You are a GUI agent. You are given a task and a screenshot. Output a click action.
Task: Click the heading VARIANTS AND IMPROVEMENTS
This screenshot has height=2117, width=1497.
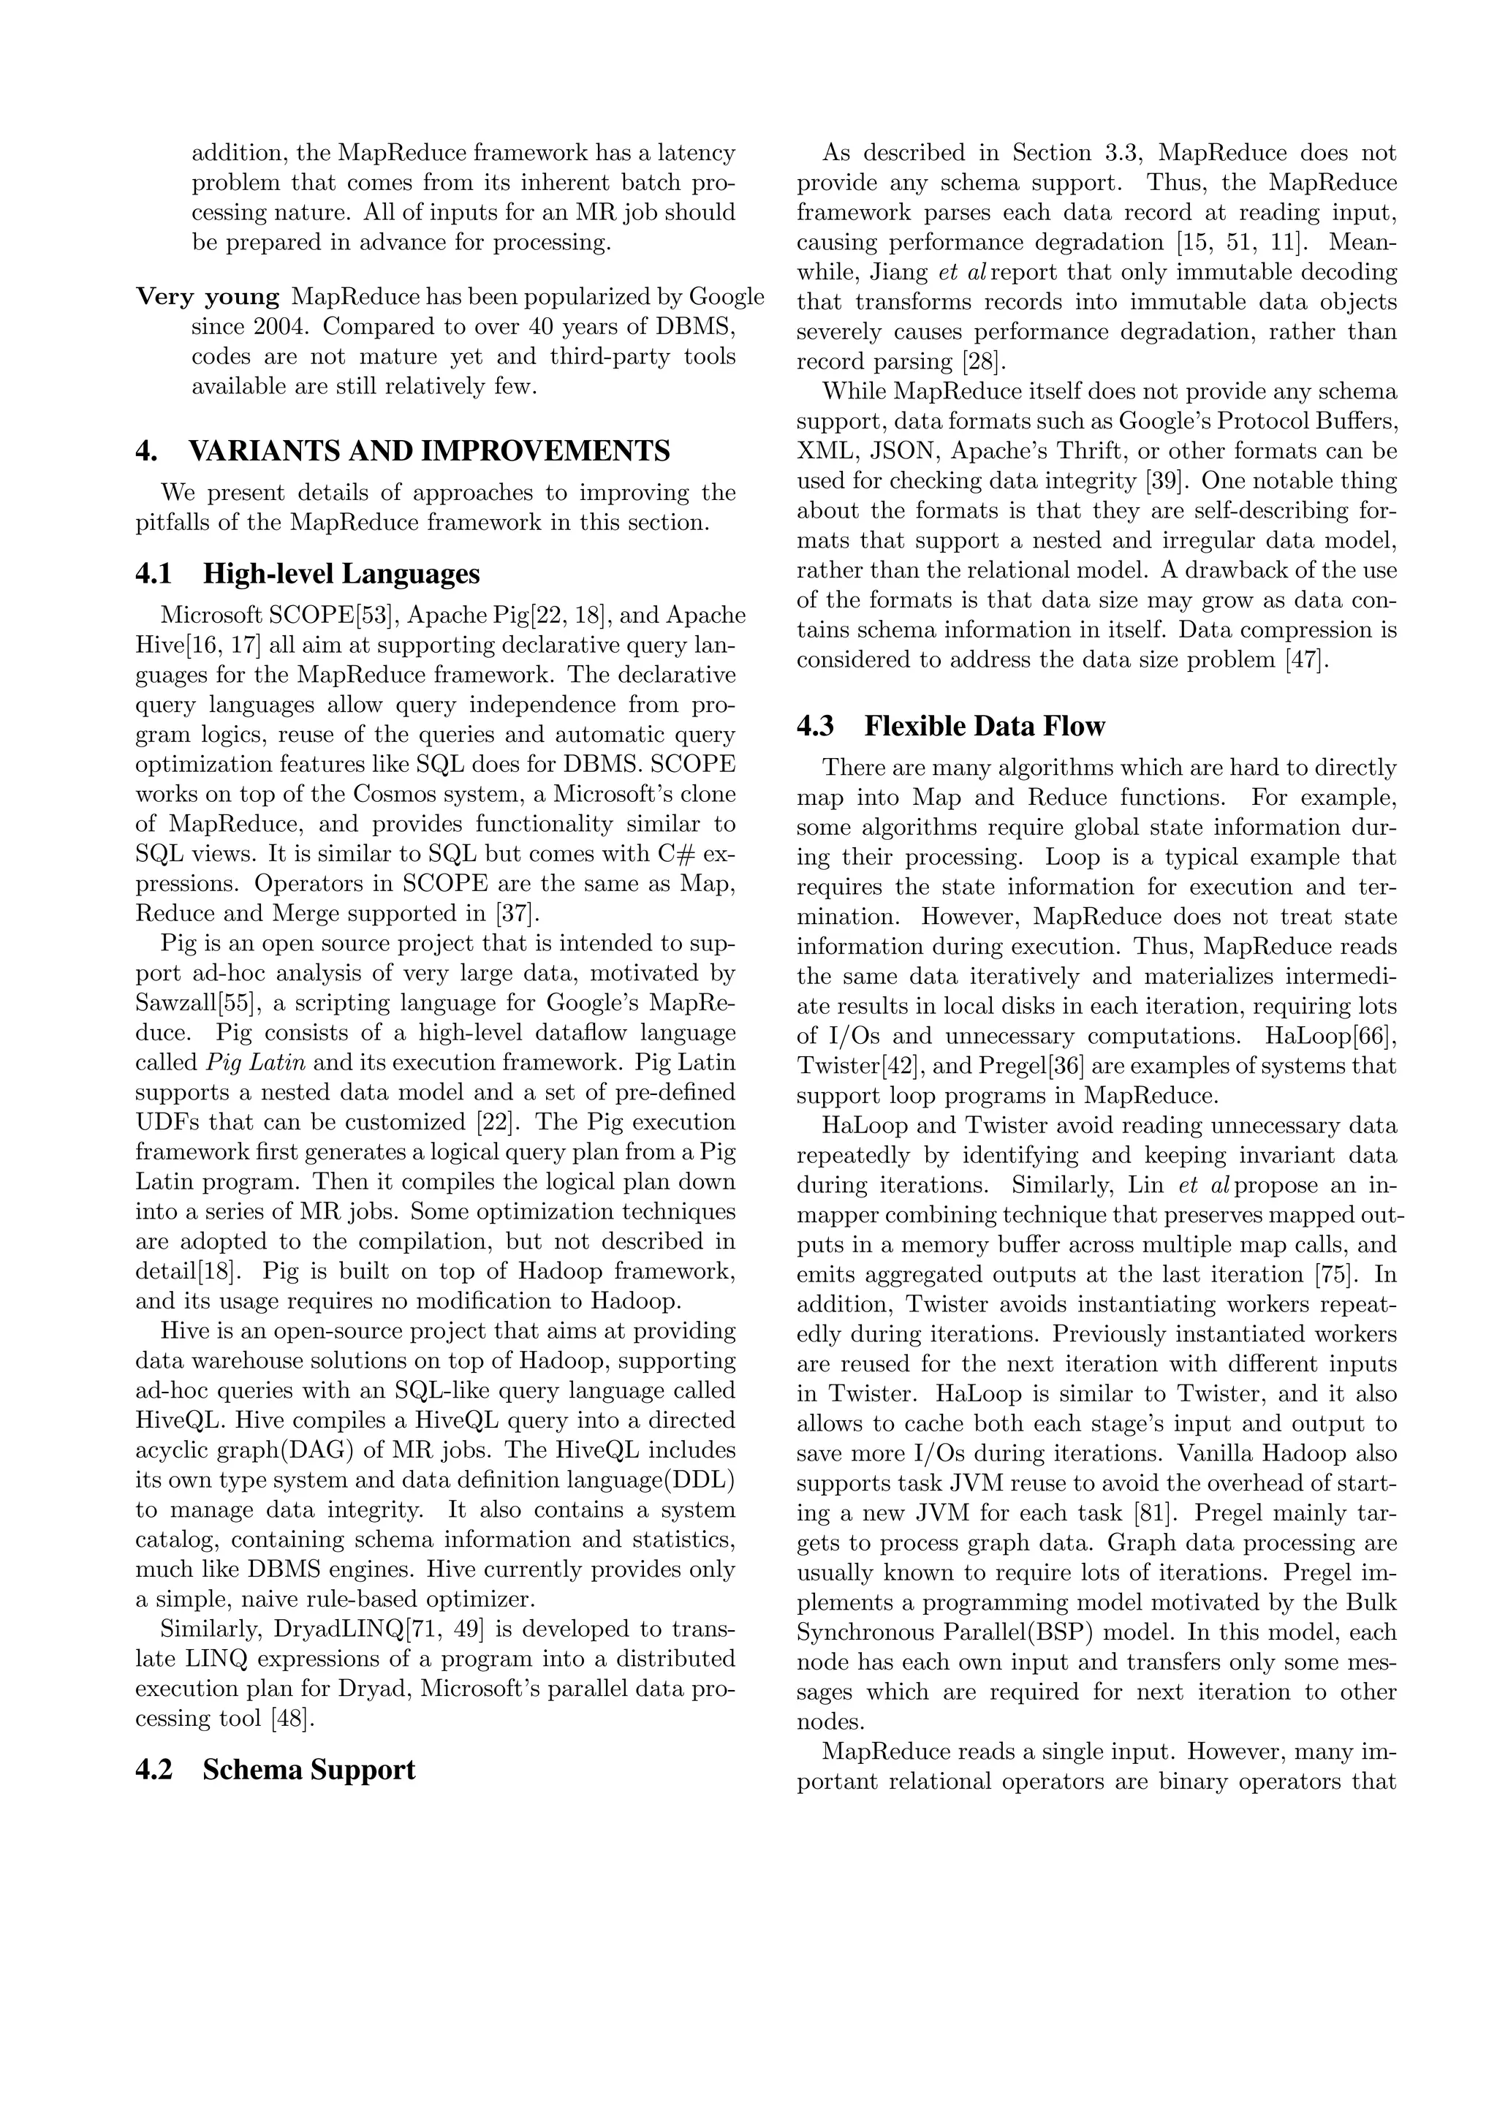point(428,451)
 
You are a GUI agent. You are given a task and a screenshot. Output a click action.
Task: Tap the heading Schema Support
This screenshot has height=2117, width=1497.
point(308,1769)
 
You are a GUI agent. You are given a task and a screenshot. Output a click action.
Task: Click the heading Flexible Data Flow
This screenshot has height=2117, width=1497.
point(984,726)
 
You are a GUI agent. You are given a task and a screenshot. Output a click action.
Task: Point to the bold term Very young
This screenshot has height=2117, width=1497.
point(208,297)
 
